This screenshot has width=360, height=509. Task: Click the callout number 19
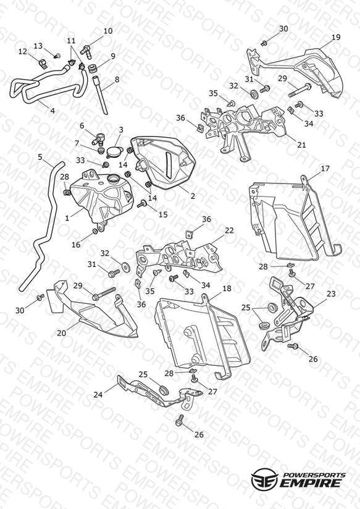coord(336,37)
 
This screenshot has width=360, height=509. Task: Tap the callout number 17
coord(325,169)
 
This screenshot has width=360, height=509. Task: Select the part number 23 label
coord(331,294)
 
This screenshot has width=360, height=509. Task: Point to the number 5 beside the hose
coord(40,157)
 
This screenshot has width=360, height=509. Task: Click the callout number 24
coord(98,395)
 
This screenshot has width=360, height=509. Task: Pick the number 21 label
coord(301,145)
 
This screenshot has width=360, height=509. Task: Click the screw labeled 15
coord(142,204)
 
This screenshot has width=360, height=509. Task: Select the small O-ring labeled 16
coord(95,231)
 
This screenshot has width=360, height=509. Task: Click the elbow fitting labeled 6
coord(99,138)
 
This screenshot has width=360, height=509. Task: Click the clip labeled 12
coord(42,63)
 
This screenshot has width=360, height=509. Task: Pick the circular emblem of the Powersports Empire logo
coord(264,478)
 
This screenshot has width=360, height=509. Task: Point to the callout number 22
coord(229,230)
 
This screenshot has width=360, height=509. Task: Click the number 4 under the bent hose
coord(52,111)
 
